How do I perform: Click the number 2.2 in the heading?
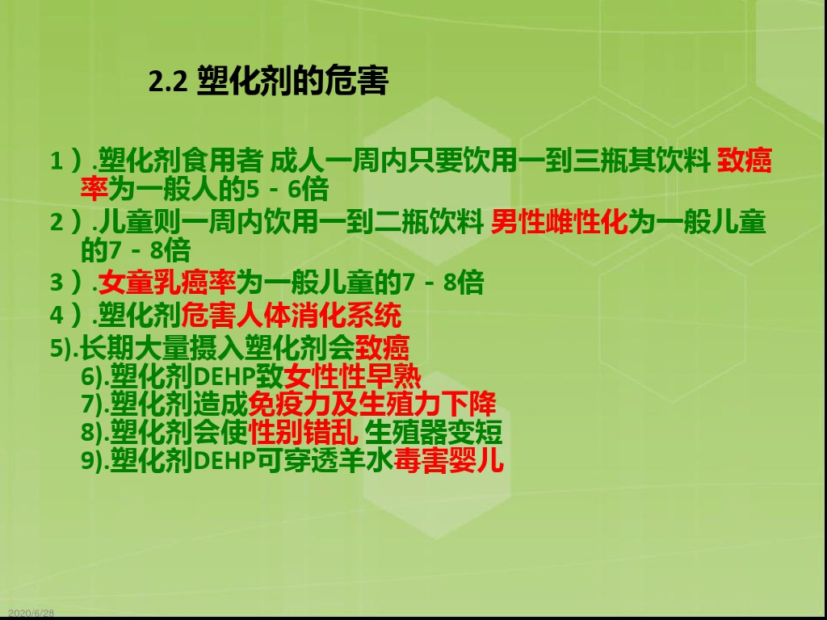click(x=169, y=82)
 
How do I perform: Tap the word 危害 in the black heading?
click(x=361, y=81)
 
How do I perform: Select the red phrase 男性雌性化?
click(x=559, y=222)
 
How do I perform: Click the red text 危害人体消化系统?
click(x=292, y=313)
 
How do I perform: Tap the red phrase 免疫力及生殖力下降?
click(x=372, y=404)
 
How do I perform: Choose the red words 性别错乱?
click(x=303, y=432)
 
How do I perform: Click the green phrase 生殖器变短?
click(x=434, y=432)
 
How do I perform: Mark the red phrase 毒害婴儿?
click(x=449, y=460)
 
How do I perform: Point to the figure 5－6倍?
click(x=288, y=191)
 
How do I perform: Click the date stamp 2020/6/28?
click(x=31, y=614)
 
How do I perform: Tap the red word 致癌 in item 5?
click(x=383, y=348)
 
